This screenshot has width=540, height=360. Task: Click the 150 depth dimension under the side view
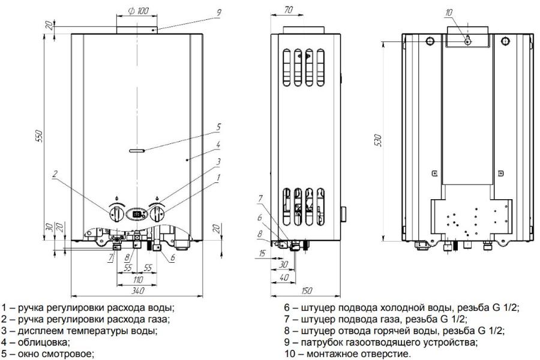click(307, 291)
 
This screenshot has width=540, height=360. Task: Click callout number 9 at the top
click(219, 13)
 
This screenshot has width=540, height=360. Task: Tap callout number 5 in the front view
click(218, 127)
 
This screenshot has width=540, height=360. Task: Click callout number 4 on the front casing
click(218, 145)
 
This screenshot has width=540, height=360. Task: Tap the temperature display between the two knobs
click(136, 213)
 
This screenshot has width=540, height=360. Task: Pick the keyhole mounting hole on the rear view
click(466, 40)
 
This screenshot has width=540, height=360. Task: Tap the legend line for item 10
click(348, 353)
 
